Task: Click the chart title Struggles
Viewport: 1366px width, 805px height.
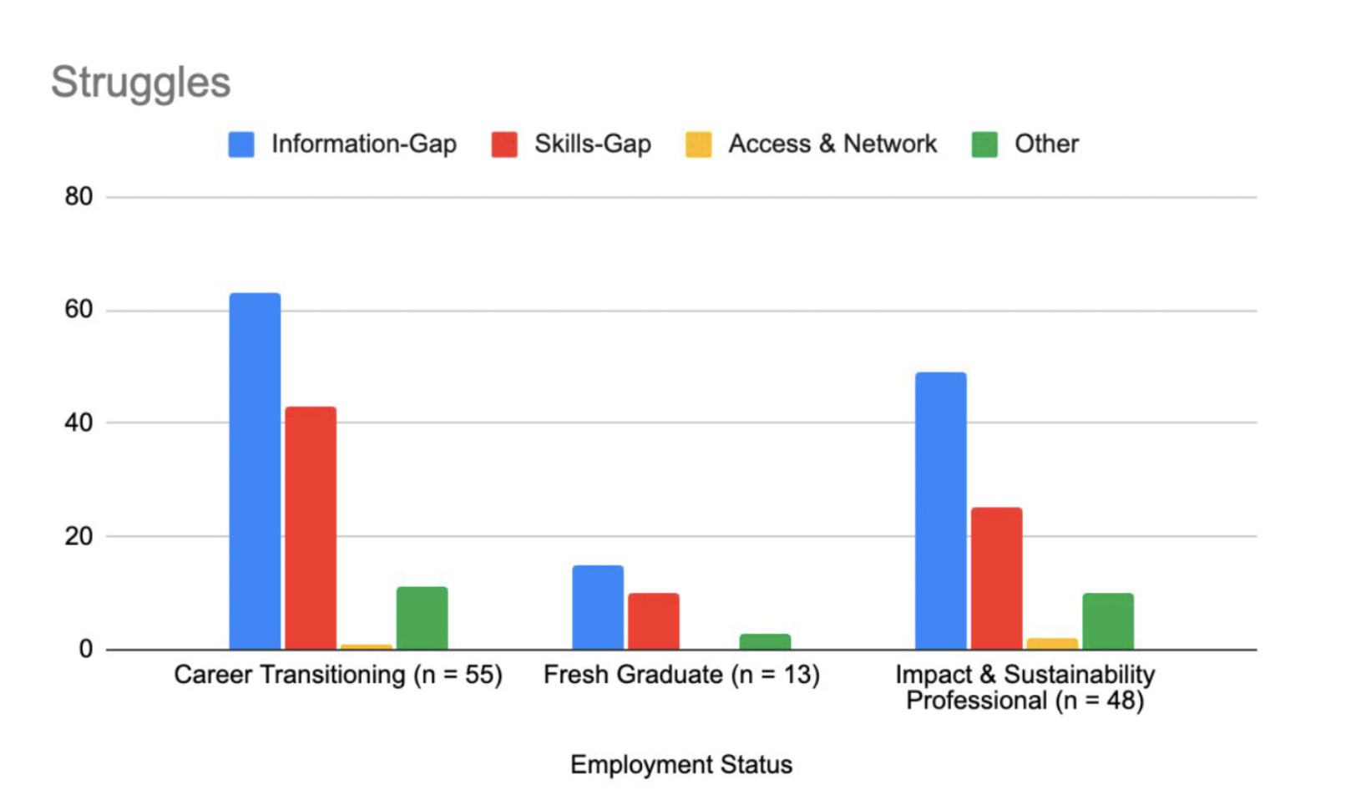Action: tap(140, 83)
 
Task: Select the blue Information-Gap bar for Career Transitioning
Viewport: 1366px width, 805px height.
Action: tap(255, 471)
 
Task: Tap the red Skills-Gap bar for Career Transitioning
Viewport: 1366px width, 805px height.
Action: tap(311, 528)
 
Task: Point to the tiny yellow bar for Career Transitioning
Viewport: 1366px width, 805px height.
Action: tap(366, 646)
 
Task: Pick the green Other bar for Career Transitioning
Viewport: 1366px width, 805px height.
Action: tap(422, 618)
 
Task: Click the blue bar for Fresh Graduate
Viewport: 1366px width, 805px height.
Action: tap(598, 607)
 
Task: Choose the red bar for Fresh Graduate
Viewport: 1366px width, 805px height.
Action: tap(653, 621)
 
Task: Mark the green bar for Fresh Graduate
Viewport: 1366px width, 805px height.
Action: tap(765, 641)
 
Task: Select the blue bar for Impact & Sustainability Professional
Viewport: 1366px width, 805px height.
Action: tap(940, 510)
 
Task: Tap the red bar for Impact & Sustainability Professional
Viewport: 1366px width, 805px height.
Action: tap(996, 578)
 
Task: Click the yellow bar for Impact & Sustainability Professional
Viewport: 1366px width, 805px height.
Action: tap(1052, 644)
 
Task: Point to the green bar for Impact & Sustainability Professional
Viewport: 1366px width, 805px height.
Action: tap(1108, 621)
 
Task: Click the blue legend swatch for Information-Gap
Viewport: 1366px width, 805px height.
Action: tap(241, 144)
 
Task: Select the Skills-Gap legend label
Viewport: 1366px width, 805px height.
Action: tap(593, 144)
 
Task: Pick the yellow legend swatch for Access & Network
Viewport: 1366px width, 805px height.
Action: tap(698, 144)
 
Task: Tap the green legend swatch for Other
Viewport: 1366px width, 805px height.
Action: tap(984, 144)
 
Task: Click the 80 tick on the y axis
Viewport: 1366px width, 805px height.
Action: tap(78, 197)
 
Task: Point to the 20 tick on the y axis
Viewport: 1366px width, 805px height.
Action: tap(78, 536)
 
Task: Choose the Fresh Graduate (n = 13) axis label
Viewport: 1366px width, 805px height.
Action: tap(681, 675)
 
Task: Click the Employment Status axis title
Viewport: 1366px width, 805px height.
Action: tap(681, 765)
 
